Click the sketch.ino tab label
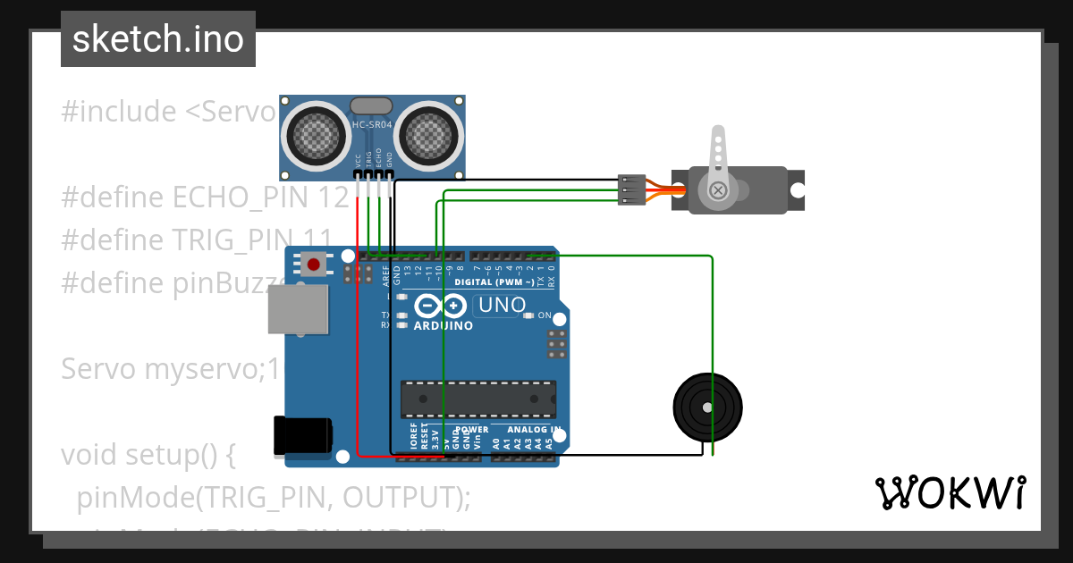pos(158,39)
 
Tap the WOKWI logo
pos(950,493)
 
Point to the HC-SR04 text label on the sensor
pos(372,126)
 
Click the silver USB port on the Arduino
pos(298,310)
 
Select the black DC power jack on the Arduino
pos(303,436)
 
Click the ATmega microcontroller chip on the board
pos(477,399)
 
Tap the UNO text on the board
pos(502,305)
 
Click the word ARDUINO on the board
pos(444,326)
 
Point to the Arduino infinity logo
pos(441,307)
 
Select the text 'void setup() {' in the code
pos(148,454)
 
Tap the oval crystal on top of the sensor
pos(371,106)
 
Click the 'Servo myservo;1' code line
pos(170,368)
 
